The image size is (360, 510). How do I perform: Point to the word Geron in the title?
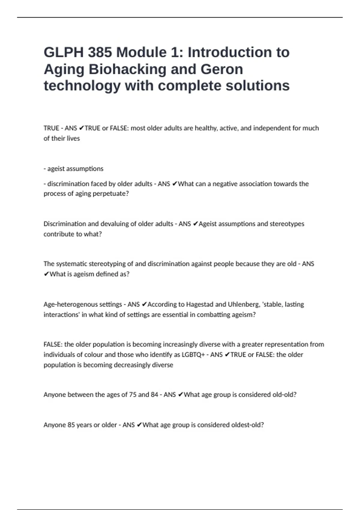coord(222,69)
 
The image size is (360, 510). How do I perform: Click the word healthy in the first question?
coord(206,128)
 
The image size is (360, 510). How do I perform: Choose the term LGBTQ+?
coord(193,355)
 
